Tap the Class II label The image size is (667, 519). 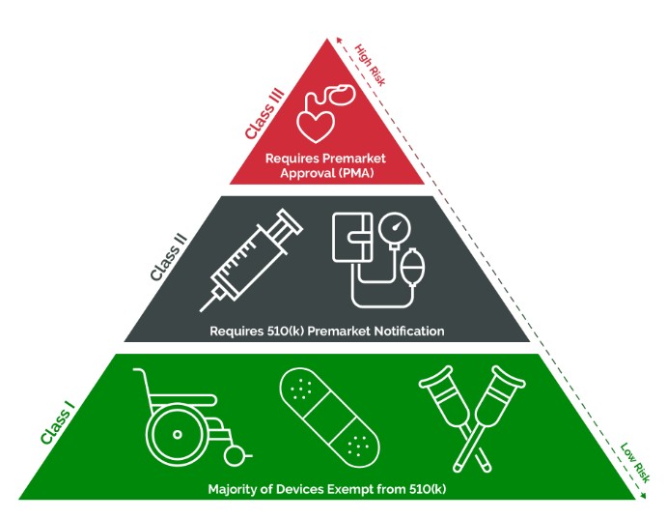pos(169,252)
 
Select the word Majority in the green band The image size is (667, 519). pos(237,489)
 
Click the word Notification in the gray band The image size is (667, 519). pos(406,331)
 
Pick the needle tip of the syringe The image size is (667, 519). pos(205,308)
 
